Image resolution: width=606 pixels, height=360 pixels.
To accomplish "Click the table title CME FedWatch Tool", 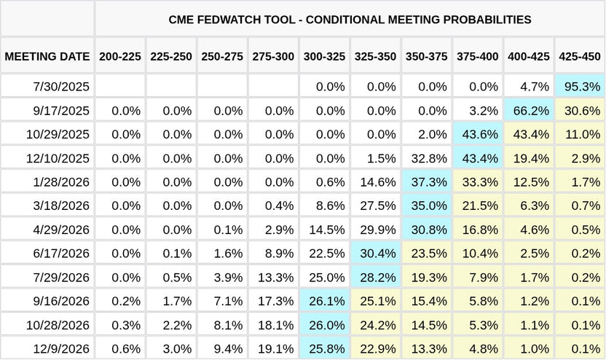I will (x=350, y=20).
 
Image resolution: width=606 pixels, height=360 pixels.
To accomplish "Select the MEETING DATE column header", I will (x=47, y=57).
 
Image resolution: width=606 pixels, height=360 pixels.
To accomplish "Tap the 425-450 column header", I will (x=580, y=57).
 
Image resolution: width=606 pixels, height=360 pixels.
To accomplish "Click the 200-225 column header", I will (x=120, y=57).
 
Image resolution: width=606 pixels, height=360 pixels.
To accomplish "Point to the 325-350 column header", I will (x=375, y=57).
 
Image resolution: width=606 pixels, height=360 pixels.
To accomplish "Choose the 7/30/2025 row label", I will (x=61, y=87).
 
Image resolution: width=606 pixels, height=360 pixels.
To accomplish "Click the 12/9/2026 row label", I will (x=61, y=349).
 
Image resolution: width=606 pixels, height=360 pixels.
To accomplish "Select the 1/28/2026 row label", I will (x=61, y=182).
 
